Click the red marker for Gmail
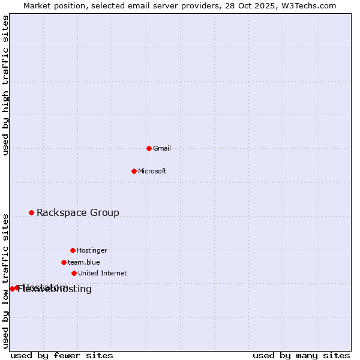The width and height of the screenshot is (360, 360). coord(149,148)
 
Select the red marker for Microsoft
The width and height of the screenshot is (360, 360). coord(134,171)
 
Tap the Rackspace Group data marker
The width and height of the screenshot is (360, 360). coord(31,212)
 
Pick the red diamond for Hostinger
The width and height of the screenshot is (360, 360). coord(73,250)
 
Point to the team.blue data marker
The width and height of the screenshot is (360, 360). coord(64,262)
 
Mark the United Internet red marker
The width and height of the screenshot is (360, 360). coord(74,273)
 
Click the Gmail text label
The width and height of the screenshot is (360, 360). coord(162,148)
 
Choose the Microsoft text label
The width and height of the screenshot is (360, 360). coord(152,171)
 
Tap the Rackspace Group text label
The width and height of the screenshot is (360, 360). coord(78,212)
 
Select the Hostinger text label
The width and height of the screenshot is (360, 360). coord(92,250)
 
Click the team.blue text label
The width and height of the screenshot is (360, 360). coord(84,262)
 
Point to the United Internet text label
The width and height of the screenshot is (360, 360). coord(103,273)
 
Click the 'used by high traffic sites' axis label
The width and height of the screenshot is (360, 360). coord(6,85)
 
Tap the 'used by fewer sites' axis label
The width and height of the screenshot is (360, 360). coord(62,356)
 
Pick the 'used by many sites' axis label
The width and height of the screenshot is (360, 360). coord(301,356)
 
